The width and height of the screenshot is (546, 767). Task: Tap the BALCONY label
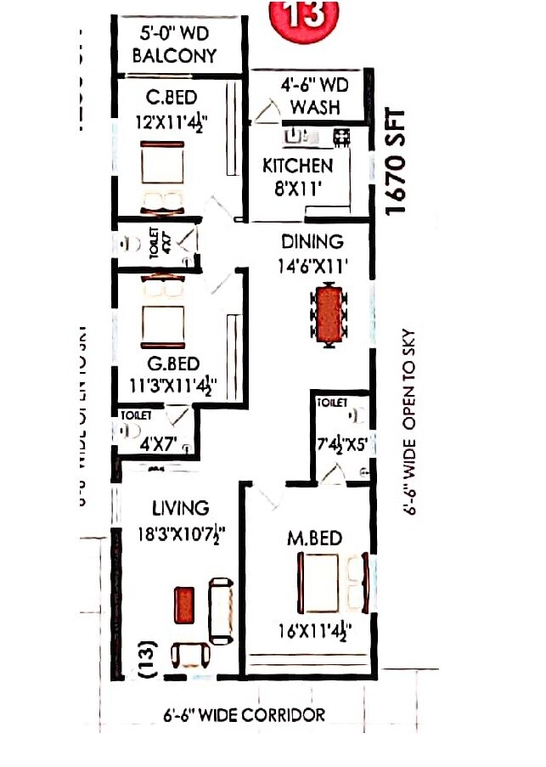click(x=178, y=56)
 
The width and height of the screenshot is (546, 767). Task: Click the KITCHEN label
click(x=297, y=165)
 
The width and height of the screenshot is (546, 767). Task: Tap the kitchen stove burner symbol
click(x=341, y=134)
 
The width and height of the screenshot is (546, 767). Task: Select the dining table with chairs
click(x=328, y=315)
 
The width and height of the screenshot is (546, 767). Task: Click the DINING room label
click(x=312, y=242)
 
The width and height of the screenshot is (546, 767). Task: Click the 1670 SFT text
click(x=397, y=161)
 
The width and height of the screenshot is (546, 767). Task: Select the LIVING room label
click(x=180, y=509)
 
